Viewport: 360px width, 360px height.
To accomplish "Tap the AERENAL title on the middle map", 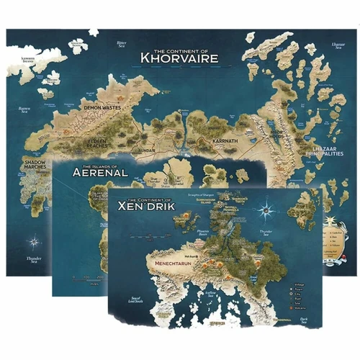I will pyautogui.click(x=100, y=173).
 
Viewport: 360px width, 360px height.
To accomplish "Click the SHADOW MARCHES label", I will pyautogui.click(x=32, y=166).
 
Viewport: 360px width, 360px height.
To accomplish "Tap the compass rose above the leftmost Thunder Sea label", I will pyautogui.click(x=32, y=240).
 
